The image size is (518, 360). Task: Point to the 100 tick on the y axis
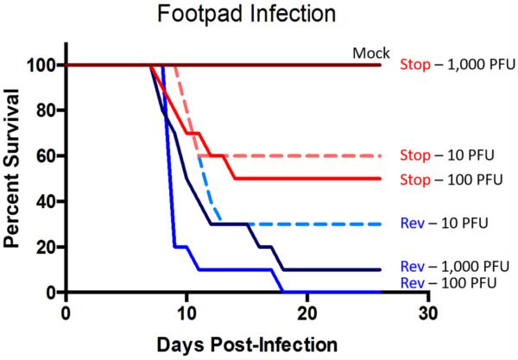coord(44,65)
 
